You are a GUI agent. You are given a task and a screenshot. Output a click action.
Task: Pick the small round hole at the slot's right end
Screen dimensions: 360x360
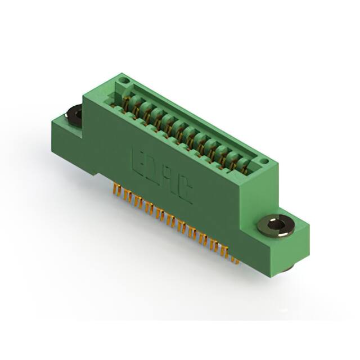263,163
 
